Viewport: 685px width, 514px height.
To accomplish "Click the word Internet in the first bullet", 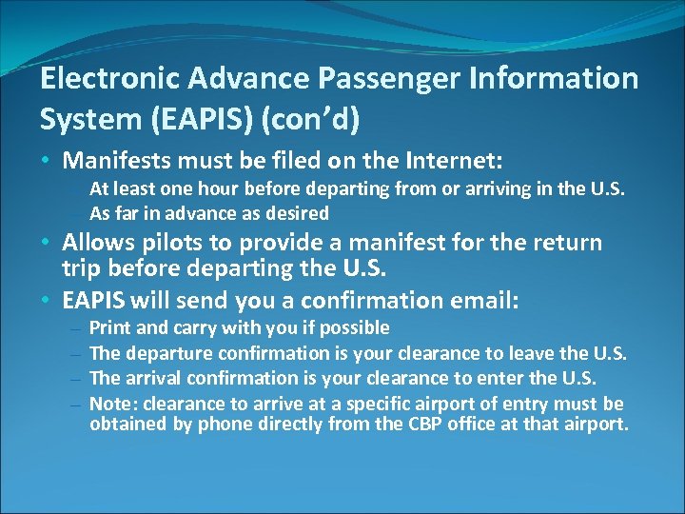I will coord(457,157).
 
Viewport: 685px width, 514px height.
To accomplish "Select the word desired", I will coord(295,213).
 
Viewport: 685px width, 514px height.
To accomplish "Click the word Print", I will coord(109,328).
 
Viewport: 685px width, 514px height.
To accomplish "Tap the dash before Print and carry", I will coord(75,329).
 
